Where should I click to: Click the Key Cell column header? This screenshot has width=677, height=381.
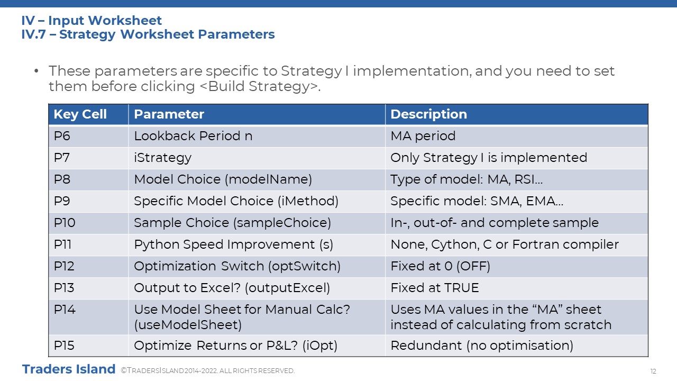(80, 114)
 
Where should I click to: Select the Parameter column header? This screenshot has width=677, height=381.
(169, 114)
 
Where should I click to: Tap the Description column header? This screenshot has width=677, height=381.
(428, 114)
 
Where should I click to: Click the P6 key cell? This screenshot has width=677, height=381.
(62, 136)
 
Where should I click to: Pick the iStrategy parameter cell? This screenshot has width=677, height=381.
(162, 158)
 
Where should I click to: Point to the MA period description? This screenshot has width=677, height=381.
(423, 136)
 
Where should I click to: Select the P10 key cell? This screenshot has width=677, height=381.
(65, 223)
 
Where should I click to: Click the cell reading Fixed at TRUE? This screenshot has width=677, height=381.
(435, 288)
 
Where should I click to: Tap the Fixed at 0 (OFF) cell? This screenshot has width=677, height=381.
(441, 266)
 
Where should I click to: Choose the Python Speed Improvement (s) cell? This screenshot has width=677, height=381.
(234, 244)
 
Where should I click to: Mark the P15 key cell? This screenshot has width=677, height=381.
(64, 346)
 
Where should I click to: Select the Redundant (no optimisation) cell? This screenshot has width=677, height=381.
(482, 346)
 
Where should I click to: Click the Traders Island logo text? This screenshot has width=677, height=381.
(69, 369)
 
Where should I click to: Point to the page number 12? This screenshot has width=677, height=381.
(653, 371)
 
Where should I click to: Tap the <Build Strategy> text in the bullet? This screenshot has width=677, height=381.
(260, 86)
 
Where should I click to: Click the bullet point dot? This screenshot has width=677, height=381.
(36, 71)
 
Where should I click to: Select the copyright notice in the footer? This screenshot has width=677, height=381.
(208, 371)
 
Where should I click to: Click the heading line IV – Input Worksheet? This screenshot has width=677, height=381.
(92, 21)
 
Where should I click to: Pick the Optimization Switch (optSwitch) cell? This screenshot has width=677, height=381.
(237, 266)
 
